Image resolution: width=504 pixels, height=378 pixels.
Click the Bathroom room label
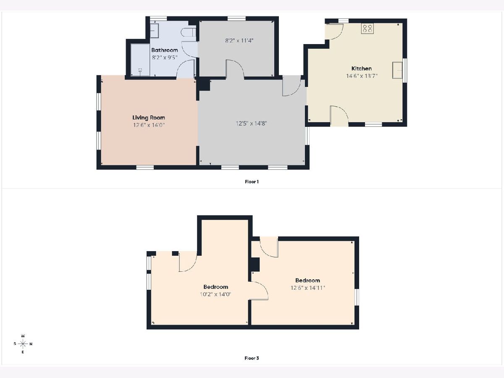click(164, 50)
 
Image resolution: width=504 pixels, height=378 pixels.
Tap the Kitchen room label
click(362, 68)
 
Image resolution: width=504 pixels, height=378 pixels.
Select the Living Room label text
click(149, 118)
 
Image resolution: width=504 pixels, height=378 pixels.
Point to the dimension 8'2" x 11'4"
click(239, 41)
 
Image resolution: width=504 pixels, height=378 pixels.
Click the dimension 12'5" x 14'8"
click(251, 123)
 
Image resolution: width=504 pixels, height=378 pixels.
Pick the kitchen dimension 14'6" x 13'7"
click(362, 76)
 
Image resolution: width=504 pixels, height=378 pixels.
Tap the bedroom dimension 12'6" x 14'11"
click(308, 288)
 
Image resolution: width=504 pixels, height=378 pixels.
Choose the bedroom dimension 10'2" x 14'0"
click(215, 294)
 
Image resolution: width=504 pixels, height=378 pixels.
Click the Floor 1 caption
click(252, 182)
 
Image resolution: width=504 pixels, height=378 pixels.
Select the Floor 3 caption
click(252, 358)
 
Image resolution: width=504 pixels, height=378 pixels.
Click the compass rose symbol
click(23, 344)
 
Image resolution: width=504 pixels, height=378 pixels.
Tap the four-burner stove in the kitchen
click(367, 29)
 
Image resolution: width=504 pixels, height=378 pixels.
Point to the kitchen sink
click(397, 70)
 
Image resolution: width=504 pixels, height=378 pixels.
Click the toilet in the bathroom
click(188, 32)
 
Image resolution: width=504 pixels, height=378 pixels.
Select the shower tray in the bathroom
click(140, 60)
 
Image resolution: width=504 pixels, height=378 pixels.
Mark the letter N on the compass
click(31, 344)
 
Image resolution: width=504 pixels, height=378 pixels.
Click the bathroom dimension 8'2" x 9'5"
click(164, 58)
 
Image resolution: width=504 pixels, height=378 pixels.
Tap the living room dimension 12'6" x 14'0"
click(149, 125)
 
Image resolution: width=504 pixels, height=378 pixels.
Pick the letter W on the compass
click(23, 336)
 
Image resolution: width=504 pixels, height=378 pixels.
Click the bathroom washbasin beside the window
click(154, 31)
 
